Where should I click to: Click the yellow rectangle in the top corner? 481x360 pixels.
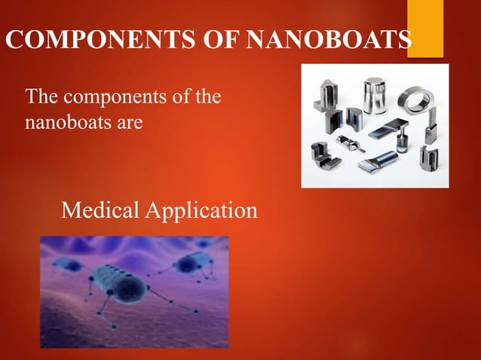(425, 27)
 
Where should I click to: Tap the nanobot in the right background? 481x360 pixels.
(188, 264)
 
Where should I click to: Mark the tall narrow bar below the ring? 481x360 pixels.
(430, 130)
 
